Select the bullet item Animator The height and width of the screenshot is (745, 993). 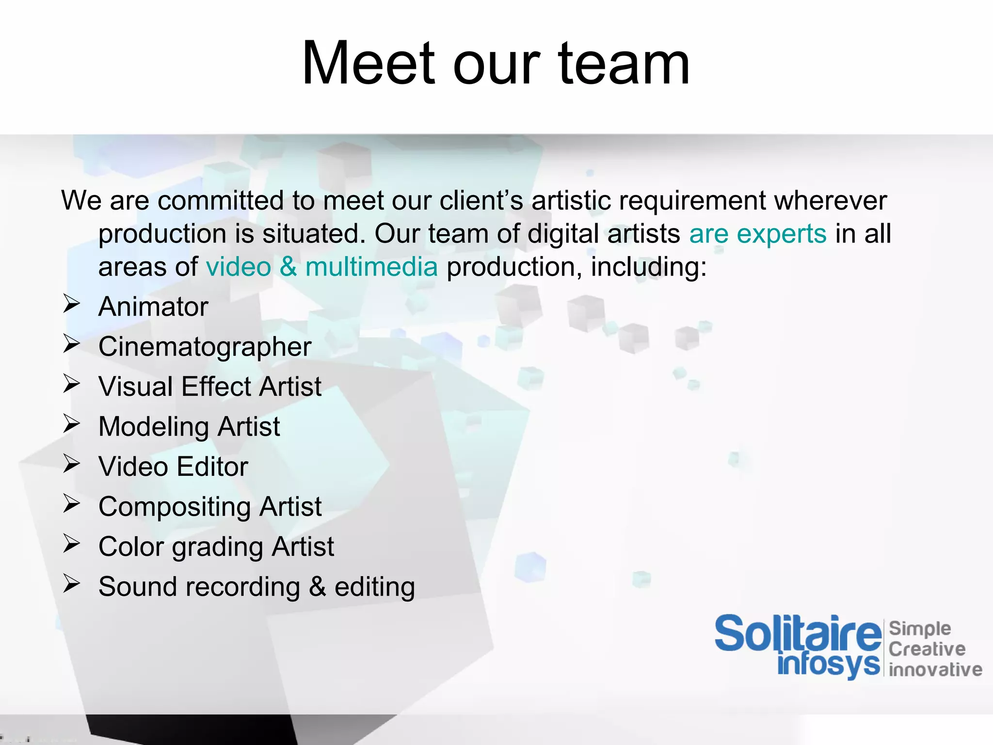point(153,307)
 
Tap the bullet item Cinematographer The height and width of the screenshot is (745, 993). point(205,347)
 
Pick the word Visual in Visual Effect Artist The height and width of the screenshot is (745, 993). point(136,387)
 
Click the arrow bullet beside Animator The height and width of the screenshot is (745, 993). point(71,304)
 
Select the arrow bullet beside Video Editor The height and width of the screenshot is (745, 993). point(71,464)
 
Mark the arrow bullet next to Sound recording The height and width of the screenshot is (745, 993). point(71,584)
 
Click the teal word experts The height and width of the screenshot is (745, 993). point(782,234)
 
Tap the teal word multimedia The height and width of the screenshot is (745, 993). point(371,267)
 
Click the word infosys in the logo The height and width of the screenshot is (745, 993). point(828,664)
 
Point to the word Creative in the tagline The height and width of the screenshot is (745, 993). point(927,649)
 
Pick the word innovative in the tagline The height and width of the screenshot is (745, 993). point(935,669)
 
